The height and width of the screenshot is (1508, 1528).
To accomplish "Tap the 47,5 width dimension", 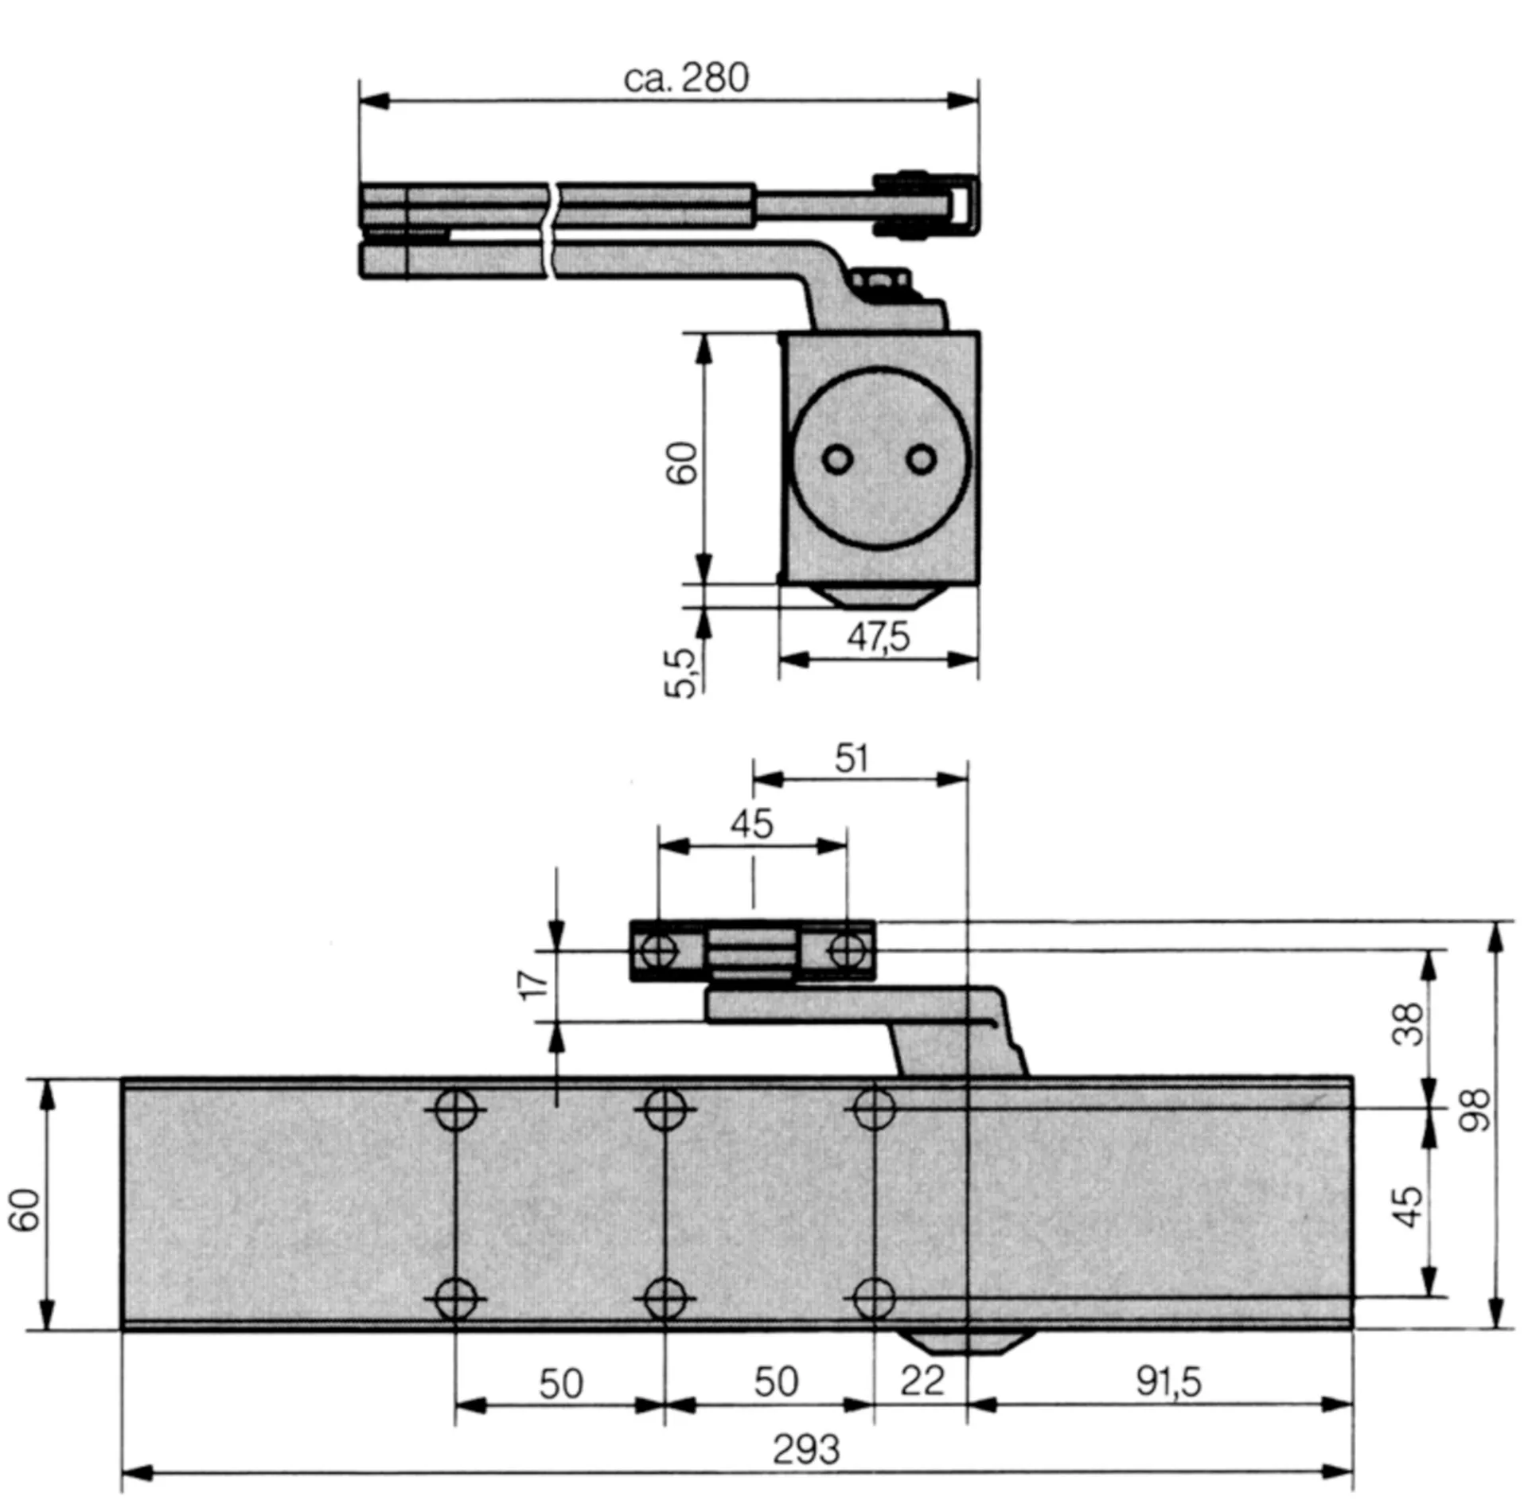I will pyautogui.click(x=878, y=637).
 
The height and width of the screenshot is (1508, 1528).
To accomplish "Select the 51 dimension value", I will pyautogui.click(x=852, y=759).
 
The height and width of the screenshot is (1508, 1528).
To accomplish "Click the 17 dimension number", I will pyautogui.click(x=534, y=985).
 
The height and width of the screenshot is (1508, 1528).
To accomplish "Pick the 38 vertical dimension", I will pyautogui.click(x=1408, y=1024).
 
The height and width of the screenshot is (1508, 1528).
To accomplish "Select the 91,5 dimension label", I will pyautogui.click(x=1167, y=1382).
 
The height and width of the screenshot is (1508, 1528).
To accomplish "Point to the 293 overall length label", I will pyautogui.click(x=805, y=1450).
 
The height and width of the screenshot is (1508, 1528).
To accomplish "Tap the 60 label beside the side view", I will pyautogui.click(x=683, y=462).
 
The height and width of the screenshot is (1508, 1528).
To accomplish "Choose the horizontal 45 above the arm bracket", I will pyautogui.click(x=752, y=824).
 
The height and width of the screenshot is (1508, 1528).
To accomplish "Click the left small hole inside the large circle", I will pyautogui.click(x=836, y=459).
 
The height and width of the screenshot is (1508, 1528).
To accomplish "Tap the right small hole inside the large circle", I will pyautogui.click(x=922, y=459).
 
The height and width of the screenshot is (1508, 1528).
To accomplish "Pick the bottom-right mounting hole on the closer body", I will pyautogui.click(x=873, y=1300).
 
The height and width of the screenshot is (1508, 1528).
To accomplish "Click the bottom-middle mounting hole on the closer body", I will pyautogui.click(x=665, y=1300).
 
